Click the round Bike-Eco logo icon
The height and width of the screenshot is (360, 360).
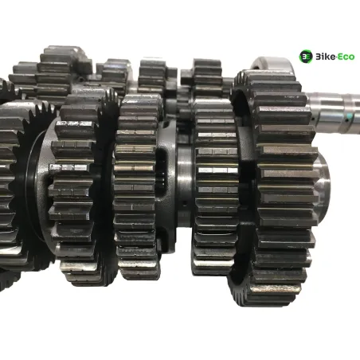click(306, 57)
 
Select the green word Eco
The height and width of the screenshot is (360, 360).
click(346, 57)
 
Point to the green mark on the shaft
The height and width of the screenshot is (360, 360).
click(350, 117)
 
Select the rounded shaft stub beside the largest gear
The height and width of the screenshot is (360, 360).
click(324, 181)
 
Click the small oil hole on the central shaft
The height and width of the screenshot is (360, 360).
click(185, 204)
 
